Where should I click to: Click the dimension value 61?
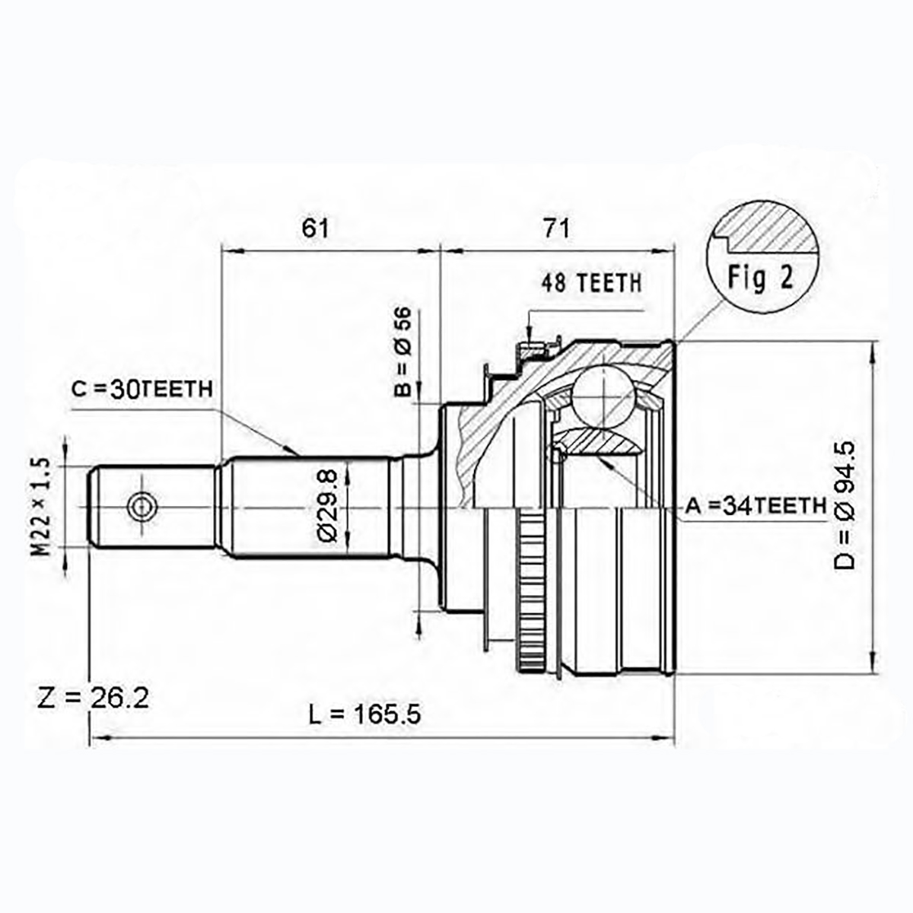tap(315, 228)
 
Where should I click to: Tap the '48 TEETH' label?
tap(591, 283)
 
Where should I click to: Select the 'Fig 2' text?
tap(760, 278)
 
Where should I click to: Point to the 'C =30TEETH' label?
tap(142, 389)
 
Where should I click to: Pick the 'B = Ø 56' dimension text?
tap(403, 351)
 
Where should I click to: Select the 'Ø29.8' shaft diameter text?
tap(327, 505)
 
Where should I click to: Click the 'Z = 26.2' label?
tap(93, 698)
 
